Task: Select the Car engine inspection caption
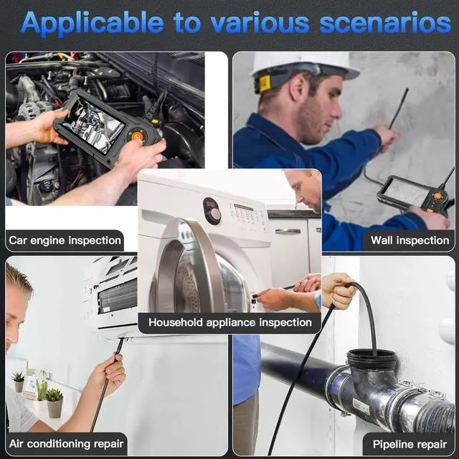tap(65, 240)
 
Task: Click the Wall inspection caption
tap(410, 240)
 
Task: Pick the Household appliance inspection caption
tap(229, 323)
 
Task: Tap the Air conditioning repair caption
tap(67, 444)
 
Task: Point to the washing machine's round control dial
tap(212, 213)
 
